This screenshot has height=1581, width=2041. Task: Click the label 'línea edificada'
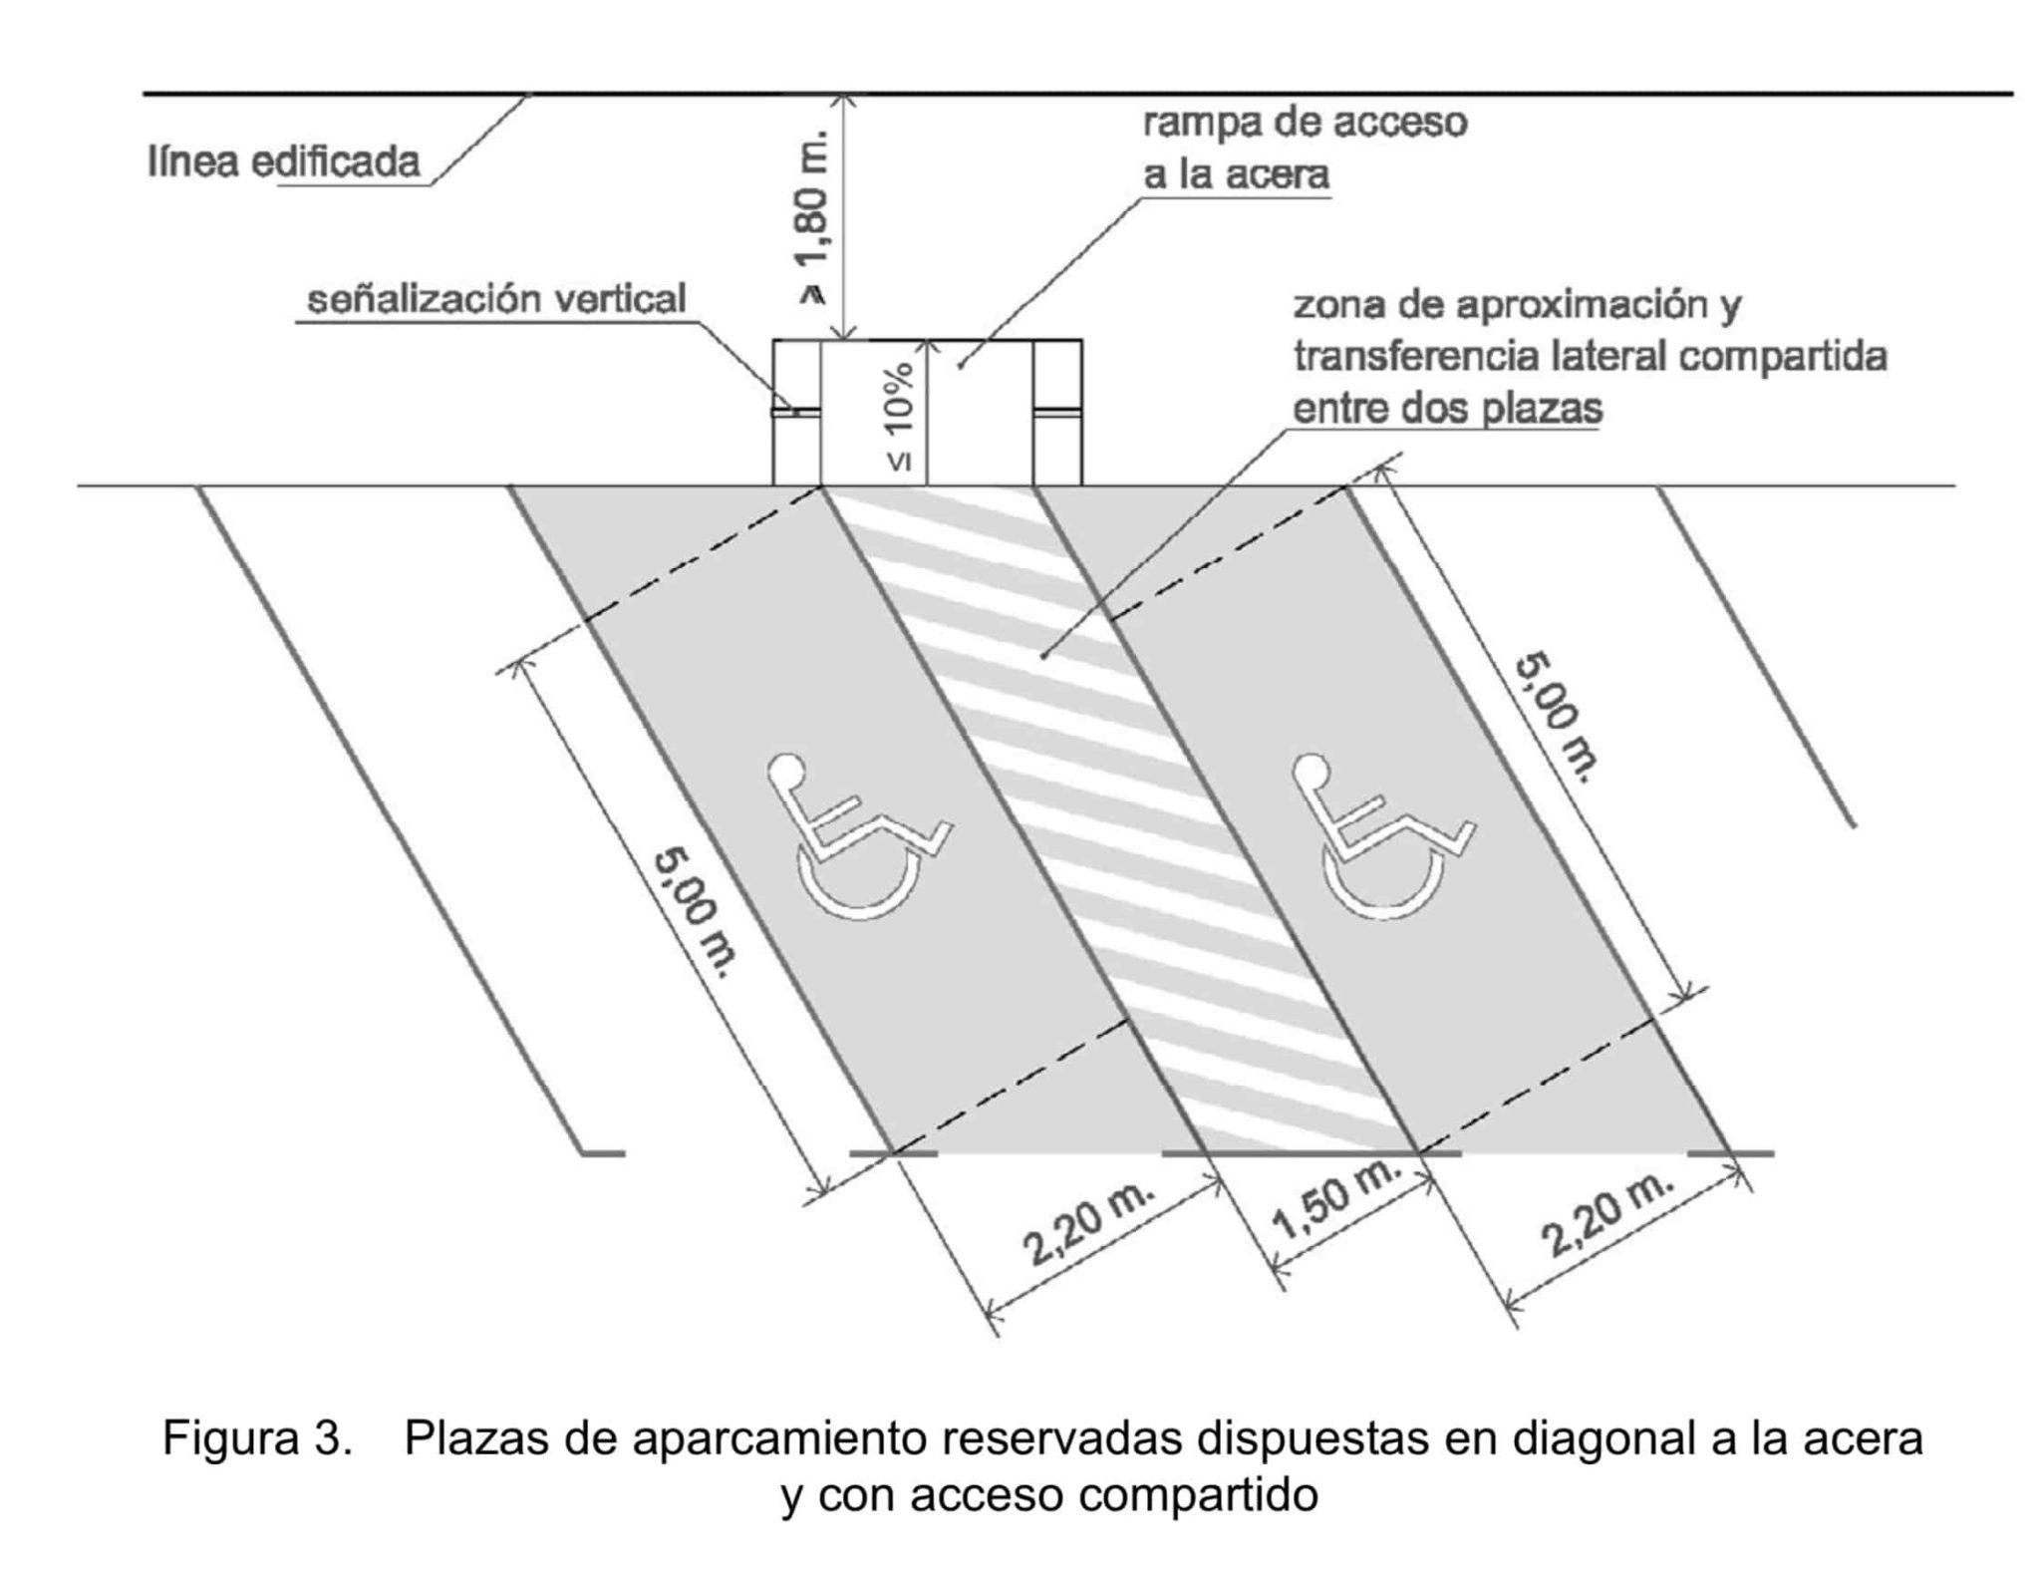pos(284,161)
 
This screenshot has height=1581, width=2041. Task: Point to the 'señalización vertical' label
pos(496,298)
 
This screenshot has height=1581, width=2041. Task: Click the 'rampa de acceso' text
pos(1305,123)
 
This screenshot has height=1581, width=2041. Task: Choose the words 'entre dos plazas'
pos(1447,409)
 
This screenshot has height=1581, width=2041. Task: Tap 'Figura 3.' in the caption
pos(257,1438)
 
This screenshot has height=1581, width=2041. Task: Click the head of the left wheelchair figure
pos(786,770)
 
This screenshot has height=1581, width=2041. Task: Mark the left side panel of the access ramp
pos(796,412)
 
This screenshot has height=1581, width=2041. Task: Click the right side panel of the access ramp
pos(1057,412)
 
